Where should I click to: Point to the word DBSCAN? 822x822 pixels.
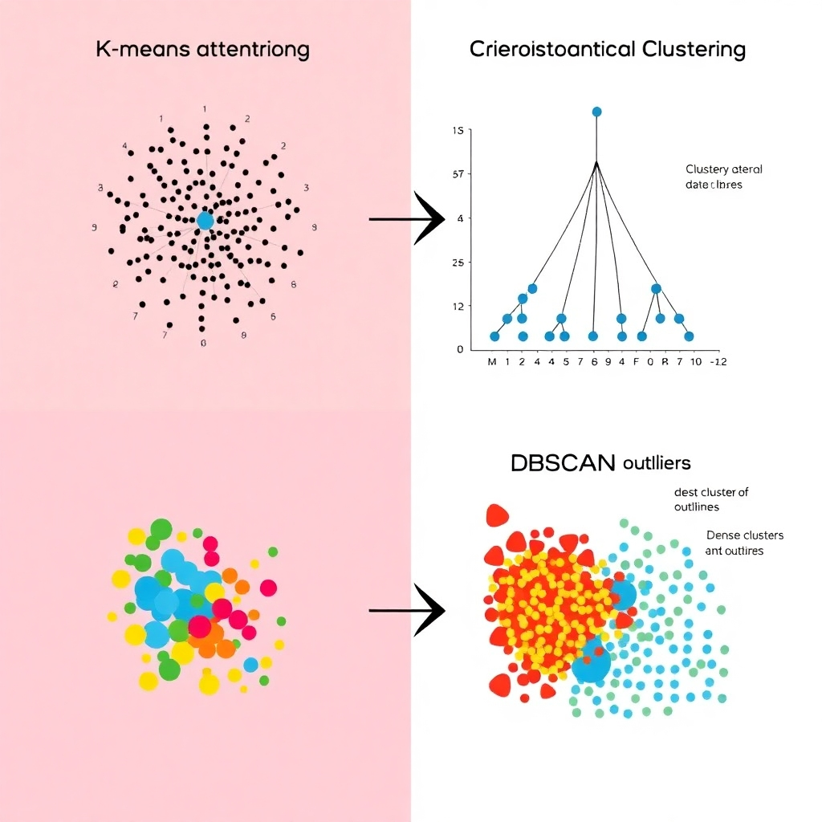coord(562,462)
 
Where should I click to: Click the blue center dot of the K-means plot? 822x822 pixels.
coord(205,221)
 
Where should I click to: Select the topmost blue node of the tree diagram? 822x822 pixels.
coord(596,112)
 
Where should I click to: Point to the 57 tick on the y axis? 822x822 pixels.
coord(459,174)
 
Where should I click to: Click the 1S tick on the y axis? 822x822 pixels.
coord(459,130)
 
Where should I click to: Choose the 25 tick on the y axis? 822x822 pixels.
coord(458,262)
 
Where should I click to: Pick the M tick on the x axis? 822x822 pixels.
coord(492,361)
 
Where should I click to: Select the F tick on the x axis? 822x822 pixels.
coord(636,361)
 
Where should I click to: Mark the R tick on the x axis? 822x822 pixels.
coord(665,361)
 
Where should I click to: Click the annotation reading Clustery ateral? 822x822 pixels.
coord(724,169)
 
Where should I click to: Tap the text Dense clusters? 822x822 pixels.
coord(745,535)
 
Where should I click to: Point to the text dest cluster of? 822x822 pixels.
coord(711,492)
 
